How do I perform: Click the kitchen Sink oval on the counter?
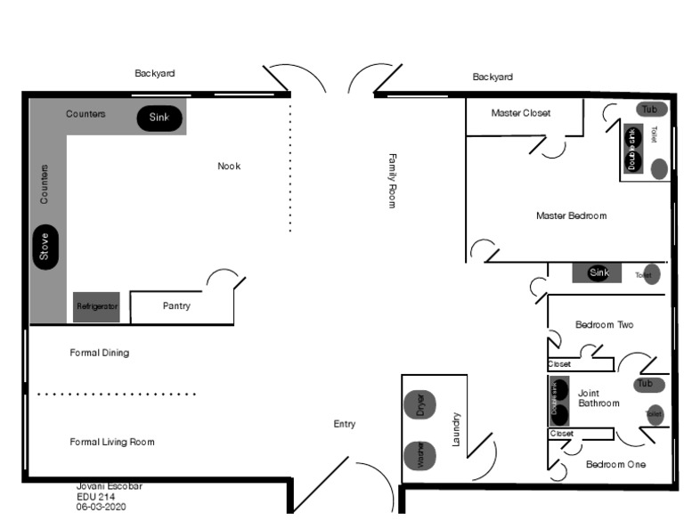[159, 118]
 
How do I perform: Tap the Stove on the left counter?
[44, 247]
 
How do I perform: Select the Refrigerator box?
[96, 306]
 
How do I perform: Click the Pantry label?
[176, 306]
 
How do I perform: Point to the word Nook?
[229, 167]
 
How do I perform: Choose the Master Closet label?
[521, 113]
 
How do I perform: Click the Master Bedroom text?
[571, 216]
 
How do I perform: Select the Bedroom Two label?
[604, 325]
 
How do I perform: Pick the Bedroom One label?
[615, 465]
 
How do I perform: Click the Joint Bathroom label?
[598, 398]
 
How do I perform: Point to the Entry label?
[345, 424]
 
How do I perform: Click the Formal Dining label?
[100, 353]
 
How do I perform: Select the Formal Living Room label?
[112, 442]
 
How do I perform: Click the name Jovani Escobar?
[109, 486]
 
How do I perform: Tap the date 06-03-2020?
[101, 506]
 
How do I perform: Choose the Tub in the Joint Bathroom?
[649, 384]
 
